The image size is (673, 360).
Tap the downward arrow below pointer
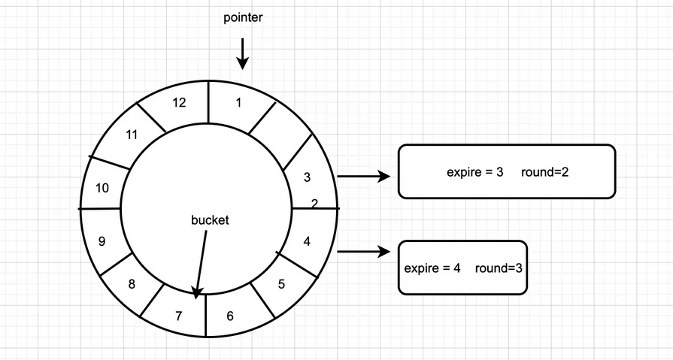pyautogui.click(x=243, y=55)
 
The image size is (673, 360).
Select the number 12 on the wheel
pyautogui.click(x=179, y=103)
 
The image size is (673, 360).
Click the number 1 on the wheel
pyautogui.click(x=238, y=104)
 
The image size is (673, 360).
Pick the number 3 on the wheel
pyautogui.click(x=306, y=178)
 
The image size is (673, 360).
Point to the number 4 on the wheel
pyautogui.click(x=306, y=241)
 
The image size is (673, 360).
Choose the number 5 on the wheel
pyautogui.click(x=281, y=284)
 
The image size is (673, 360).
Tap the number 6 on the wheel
pyautogui.click(x=230, y=316)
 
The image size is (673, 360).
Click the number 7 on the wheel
pyautogui.click(x=179, y=316)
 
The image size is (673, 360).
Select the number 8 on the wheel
pyautogui.click(x=132, y=284)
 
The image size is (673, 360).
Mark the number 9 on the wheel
pyautogui.click(x=102, y=242)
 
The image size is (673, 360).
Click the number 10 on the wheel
pyautogui.click(x=102, y=188)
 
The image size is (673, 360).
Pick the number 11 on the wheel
pyautogui.click(x=132, y=135)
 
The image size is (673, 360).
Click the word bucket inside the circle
pyautogui.click(x=210, y=221)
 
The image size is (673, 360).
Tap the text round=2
pyautogui.click(x=544, y=172)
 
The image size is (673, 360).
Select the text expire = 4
pyautogui.click(x=432, y=268)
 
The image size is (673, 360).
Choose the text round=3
pyautogui.click(x=499, y=268)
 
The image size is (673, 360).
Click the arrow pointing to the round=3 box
pyautogui.click(x=364, y=252)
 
